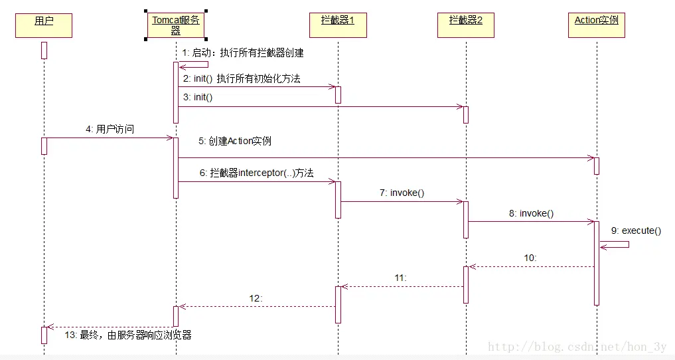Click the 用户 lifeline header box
pos(43,25)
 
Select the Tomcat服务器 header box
pos(176,25)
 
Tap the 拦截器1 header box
pos(338,25)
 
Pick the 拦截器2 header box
pos(466,25)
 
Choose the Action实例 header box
pos(597,25)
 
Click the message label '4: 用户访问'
pos(110,130)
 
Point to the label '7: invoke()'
pos(402,193)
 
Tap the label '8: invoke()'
pos(531,214)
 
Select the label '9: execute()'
pos(636,230)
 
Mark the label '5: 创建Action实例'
pos(234,141)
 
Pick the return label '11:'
pos(400,277)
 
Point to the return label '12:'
pos(256,298)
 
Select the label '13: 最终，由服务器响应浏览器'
pos(128,335)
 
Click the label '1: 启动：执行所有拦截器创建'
pos(242,52)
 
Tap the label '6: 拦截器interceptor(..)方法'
pos(256,173)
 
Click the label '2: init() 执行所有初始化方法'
pos(242,78)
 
